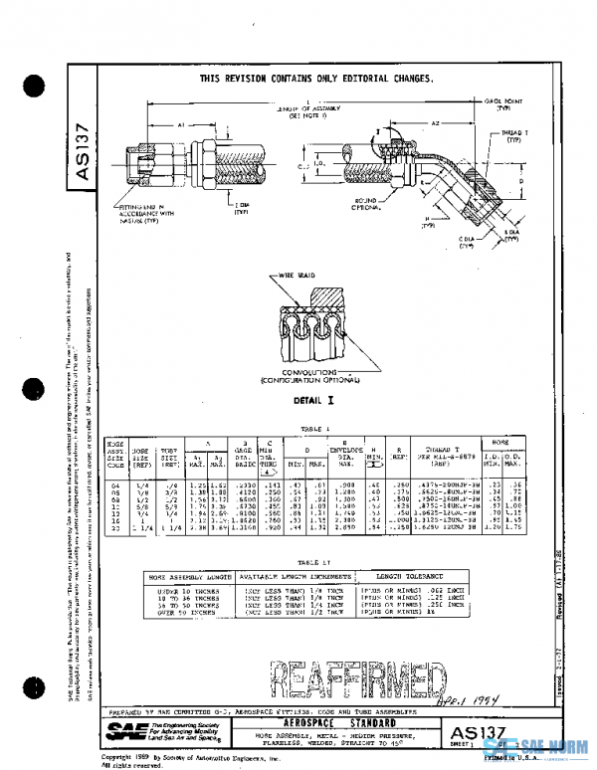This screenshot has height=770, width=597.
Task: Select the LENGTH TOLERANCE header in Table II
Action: [404, 577]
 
